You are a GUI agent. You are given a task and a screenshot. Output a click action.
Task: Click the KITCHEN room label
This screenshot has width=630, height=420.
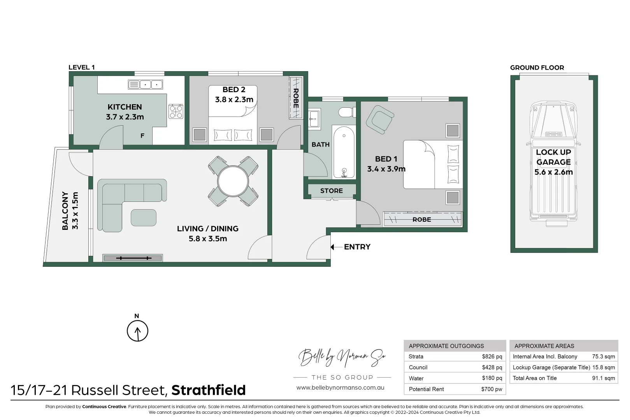coord(125,107)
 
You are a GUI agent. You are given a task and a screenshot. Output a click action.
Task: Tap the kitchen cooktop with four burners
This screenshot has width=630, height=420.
coord(175,112)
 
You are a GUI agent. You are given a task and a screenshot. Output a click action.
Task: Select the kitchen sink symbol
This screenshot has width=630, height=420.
coord(145,84)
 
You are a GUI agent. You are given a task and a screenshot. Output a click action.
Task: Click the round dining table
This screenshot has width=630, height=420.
coord(233,182)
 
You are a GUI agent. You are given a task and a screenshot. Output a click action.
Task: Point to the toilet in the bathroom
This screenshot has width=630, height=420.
coord(346,113)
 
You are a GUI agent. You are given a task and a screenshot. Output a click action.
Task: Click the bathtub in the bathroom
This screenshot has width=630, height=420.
coord(344,152)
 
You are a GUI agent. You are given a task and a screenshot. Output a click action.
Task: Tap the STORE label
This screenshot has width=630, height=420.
coord(332,191)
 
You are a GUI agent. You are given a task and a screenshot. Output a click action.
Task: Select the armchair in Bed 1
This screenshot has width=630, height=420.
coord(379,119)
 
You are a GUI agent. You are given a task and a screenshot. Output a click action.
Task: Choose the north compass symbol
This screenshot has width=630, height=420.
coord(137,331)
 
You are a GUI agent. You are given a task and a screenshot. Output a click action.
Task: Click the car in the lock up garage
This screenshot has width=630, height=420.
coord(554,163)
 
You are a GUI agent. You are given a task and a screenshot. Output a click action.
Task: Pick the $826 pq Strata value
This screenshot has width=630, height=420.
coord(492,357)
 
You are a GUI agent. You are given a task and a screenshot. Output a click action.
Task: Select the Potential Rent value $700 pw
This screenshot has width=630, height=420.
coord(491,389)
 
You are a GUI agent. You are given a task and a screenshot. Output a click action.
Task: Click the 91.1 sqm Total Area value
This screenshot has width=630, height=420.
coord(603,378)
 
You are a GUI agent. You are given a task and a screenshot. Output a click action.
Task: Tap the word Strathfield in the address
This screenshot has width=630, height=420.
coord(209,390)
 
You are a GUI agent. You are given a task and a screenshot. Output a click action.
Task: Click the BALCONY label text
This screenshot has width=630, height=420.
coord(65,210)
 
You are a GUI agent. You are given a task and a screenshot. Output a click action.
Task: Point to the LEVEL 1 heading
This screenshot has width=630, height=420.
coord(82,67)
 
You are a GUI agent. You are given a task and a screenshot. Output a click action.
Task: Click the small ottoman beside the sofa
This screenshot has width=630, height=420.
coord(144,218)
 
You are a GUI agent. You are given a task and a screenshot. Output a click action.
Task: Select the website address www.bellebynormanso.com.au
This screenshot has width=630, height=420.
coord(340,388)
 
